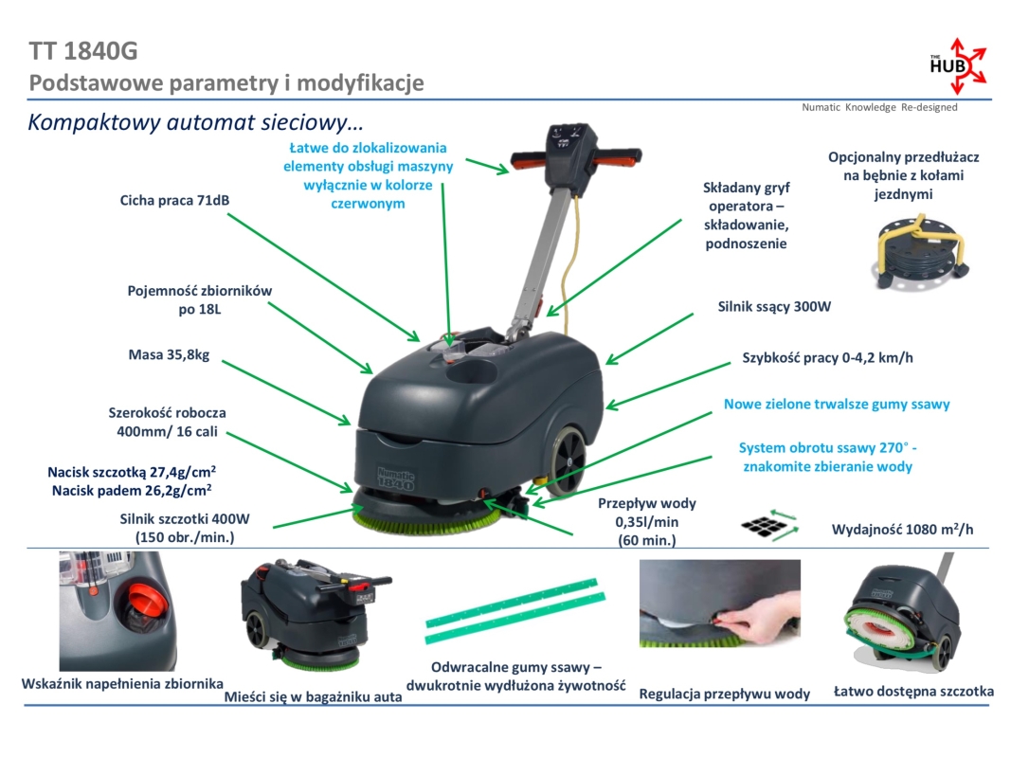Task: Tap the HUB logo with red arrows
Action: pos(956,66)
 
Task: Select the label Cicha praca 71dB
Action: pos(174,201)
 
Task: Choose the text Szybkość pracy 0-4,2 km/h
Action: pos(827,358)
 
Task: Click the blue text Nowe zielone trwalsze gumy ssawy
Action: pos(837,404)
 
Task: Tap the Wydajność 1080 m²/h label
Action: pos(901,530)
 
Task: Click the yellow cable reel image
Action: pos(916,245)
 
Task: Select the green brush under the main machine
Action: pos(426,517)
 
